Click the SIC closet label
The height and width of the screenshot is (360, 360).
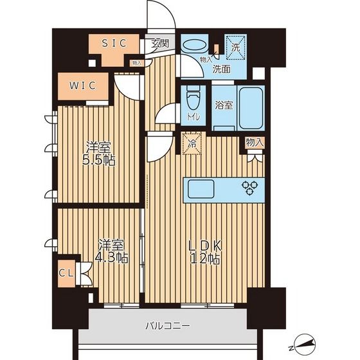point(114,43)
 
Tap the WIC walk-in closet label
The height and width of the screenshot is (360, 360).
point(83,85)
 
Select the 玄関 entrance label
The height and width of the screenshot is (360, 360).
point(160,43)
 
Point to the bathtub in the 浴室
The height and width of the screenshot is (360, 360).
point(251,109)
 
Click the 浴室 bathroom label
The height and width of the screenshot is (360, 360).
point(224,105)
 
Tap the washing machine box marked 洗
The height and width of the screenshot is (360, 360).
point(235,48)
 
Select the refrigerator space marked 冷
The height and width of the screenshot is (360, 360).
point(192,143)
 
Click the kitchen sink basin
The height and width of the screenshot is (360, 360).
point(201,189)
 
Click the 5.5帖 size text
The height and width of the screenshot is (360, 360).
point(99,161)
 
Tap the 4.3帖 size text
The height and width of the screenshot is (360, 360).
point(111,258)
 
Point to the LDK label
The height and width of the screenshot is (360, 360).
point(205,246)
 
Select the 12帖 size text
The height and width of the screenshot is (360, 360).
point(205,259)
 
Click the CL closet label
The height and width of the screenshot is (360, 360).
point(66,273)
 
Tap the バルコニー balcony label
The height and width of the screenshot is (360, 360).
point(168,325)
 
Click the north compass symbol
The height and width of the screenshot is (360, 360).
point(303,344)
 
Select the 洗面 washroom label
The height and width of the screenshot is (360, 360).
point(221,69)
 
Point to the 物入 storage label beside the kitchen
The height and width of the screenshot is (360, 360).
point(255,143)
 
